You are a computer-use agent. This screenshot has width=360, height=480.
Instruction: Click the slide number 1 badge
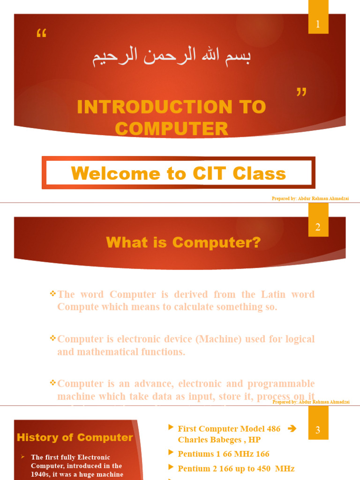(x=318, y=24)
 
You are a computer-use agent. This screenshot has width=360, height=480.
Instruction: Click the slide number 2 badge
(x=318, y=227)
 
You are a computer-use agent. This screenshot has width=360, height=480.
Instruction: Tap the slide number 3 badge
(x=318, y=430)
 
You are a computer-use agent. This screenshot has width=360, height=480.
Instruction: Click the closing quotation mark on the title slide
(x=301, y=93)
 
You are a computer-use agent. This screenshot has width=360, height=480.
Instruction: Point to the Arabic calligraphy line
(x=172, y=57)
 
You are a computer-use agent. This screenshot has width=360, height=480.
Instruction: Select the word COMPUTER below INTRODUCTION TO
(x=172, y=128)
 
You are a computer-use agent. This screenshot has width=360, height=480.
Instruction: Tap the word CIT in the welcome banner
(x=210, y=173)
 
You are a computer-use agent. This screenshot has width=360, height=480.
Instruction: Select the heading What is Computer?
(x=183, y=242)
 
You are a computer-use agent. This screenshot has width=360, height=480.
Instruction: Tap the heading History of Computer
(x=75, y=437)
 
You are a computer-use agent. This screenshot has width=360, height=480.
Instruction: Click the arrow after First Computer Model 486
(x=291, y=428)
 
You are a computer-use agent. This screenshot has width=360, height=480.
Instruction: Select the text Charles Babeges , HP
(x=219, y=440)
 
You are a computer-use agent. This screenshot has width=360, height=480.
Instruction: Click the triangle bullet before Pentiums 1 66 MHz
(x=171, y=452)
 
